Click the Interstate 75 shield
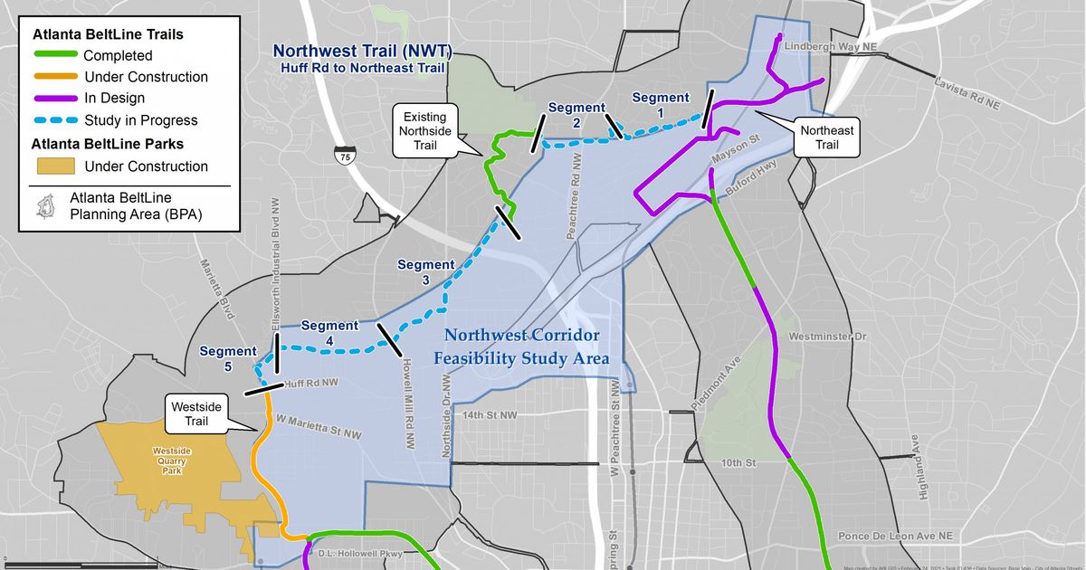click(344, 155)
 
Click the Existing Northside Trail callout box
click(425, 130)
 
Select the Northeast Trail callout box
click(825, 138)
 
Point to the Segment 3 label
click(425, 272)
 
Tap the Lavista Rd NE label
click(967, 94)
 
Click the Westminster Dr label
click(827, 337)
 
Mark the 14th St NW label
click(490, 415)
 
